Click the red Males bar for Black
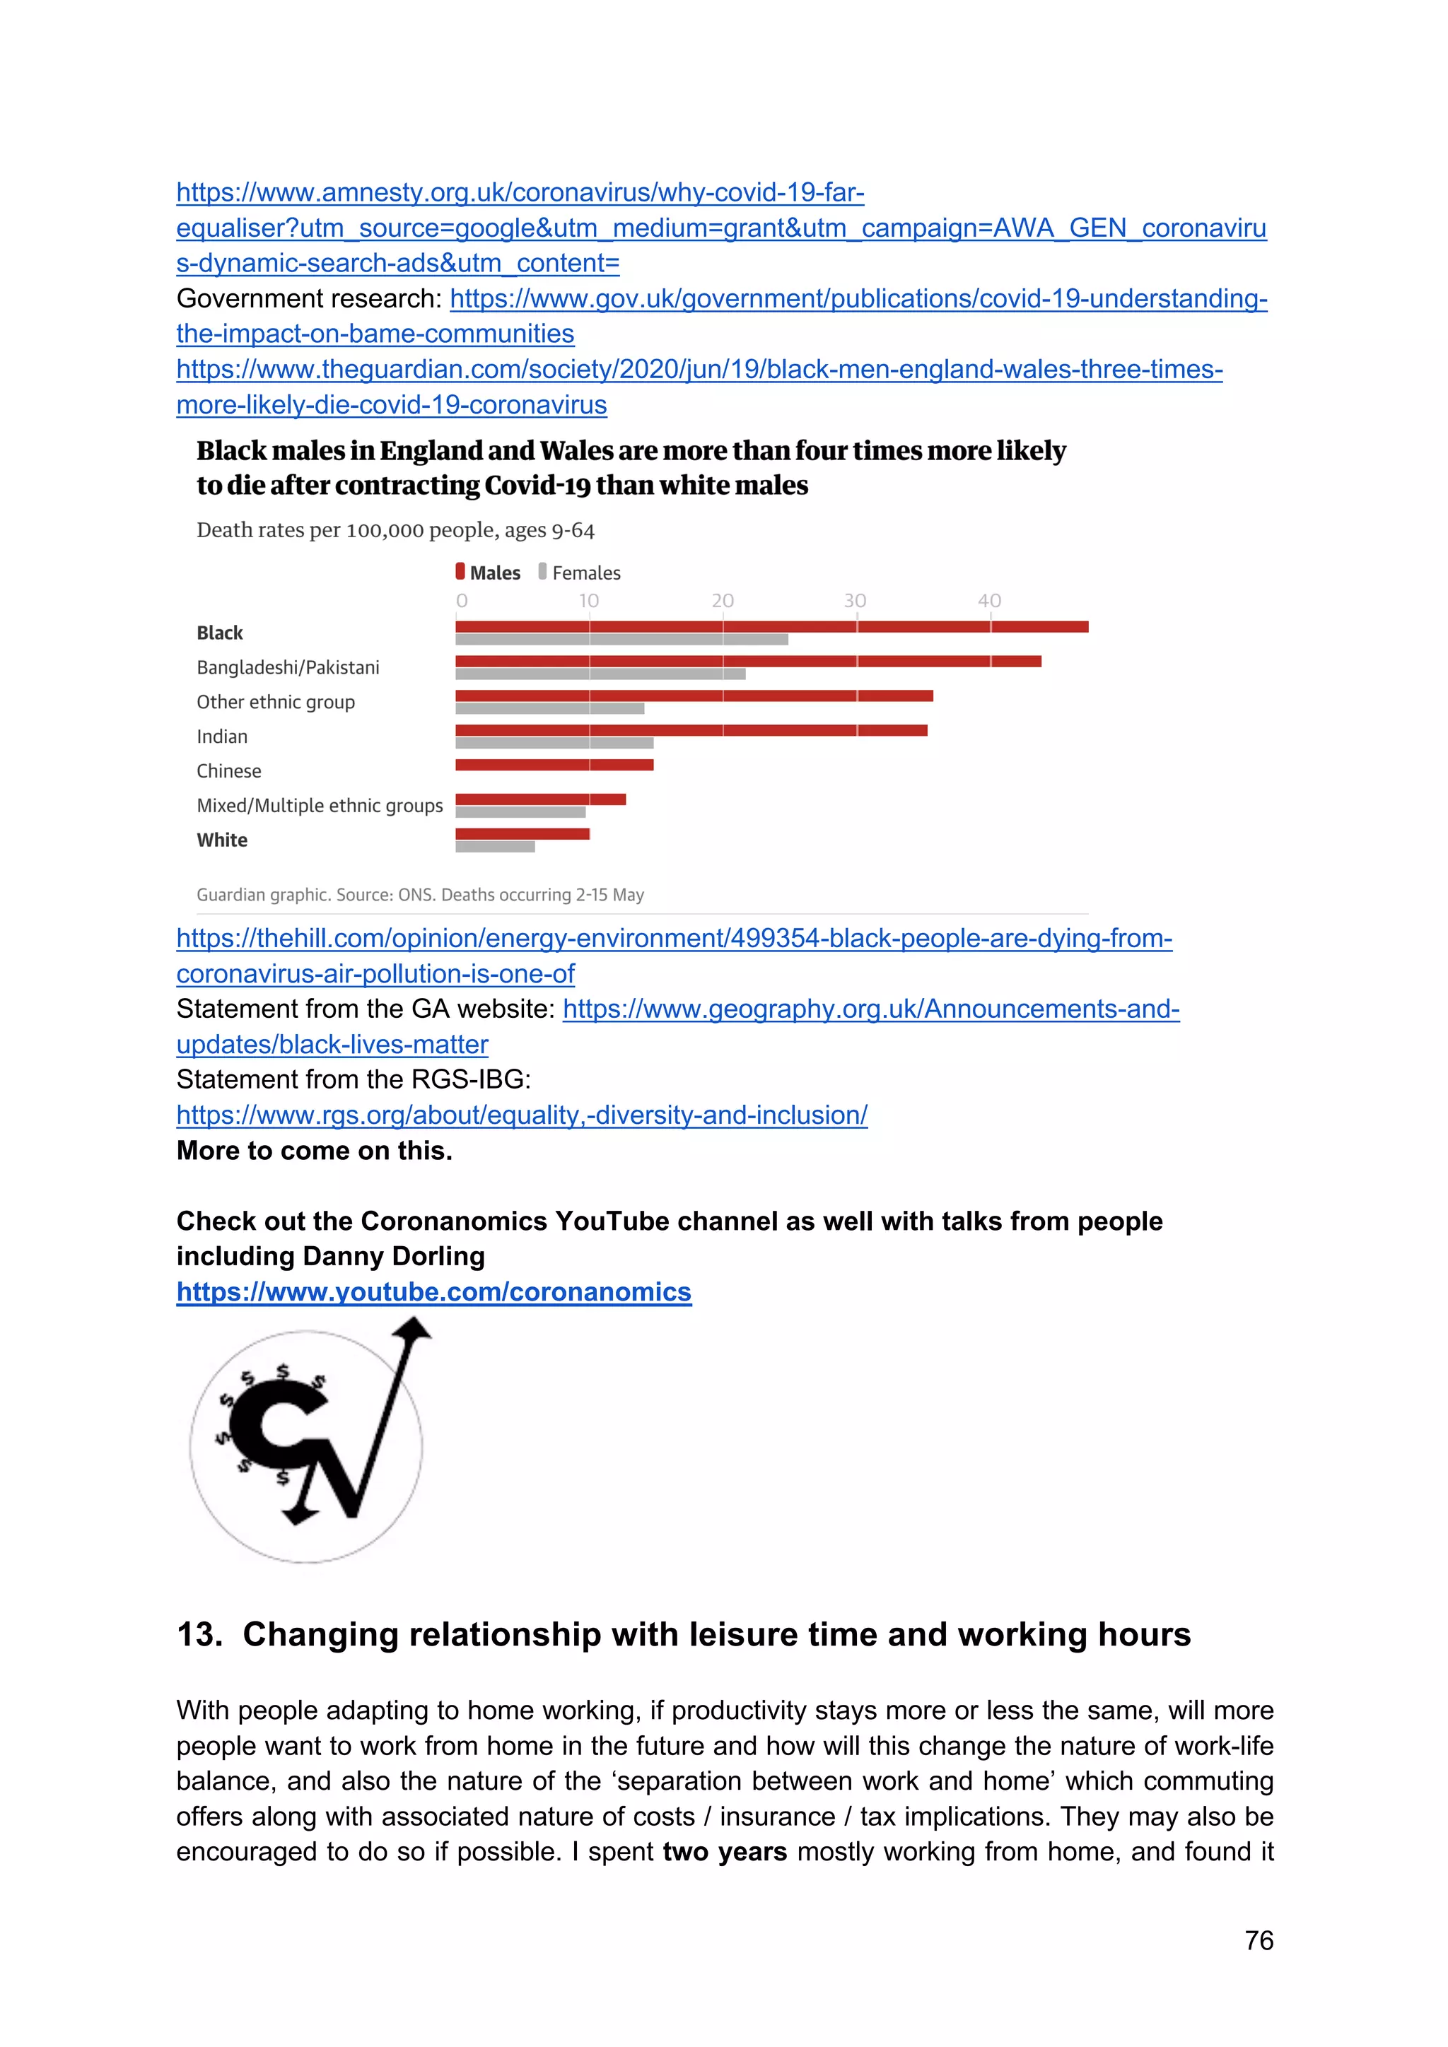[x=771, y=627]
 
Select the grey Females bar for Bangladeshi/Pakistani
[x=600, y=674]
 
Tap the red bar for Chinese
[x=554, y=765]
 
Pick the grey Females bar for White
[x=495, y=847]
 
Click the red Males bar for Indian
[x=691, y=730]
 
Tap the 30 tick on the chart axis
[x=855, y=601]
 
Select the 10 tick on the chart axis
[x=588, y=601]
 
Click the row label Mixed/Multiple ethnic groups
[x=319, y=806]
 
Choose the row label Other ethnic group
[x=276, y=703]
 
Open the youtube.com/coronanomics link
[x=433, y=1292]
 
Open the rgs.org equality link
[x=522, y=1115]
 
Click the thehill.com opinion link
[x=673, y=939]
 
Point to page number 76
[x=1258, y=1941]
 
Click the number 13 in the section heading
[x=198, y=1634]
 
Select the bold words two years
[x=724, y=1852]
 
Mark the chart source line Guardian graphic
[x=420, y=894]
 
